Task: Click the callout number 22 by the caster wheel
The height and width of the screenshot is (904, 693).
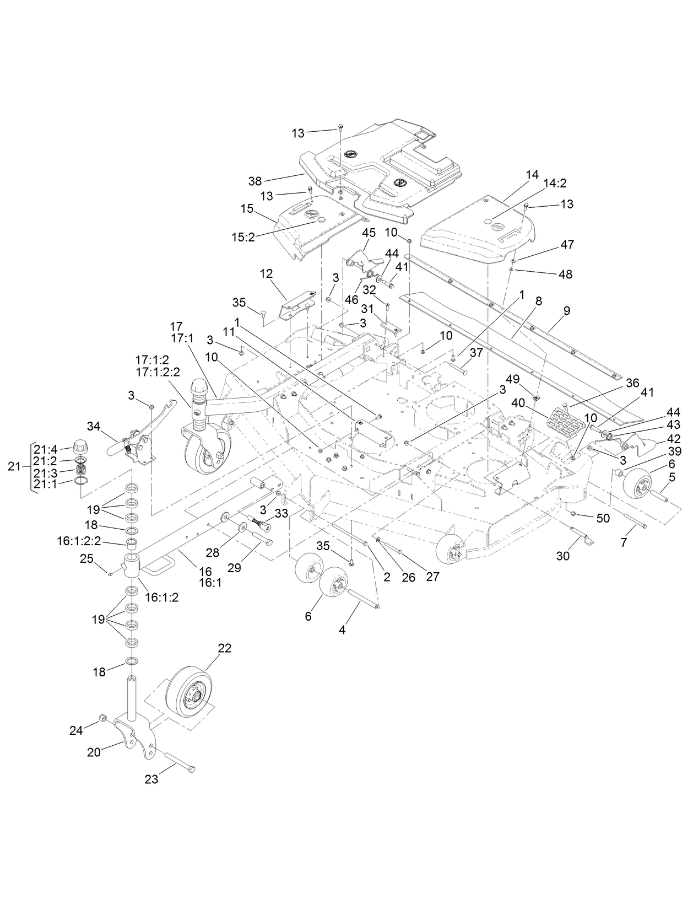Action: [x=224, y=648]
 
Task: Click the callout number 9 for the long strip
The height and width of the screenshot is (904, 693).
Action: [x=567, y=310]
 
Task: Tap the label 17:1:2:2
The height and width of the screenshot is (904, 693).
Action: [x=157, y=372]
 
